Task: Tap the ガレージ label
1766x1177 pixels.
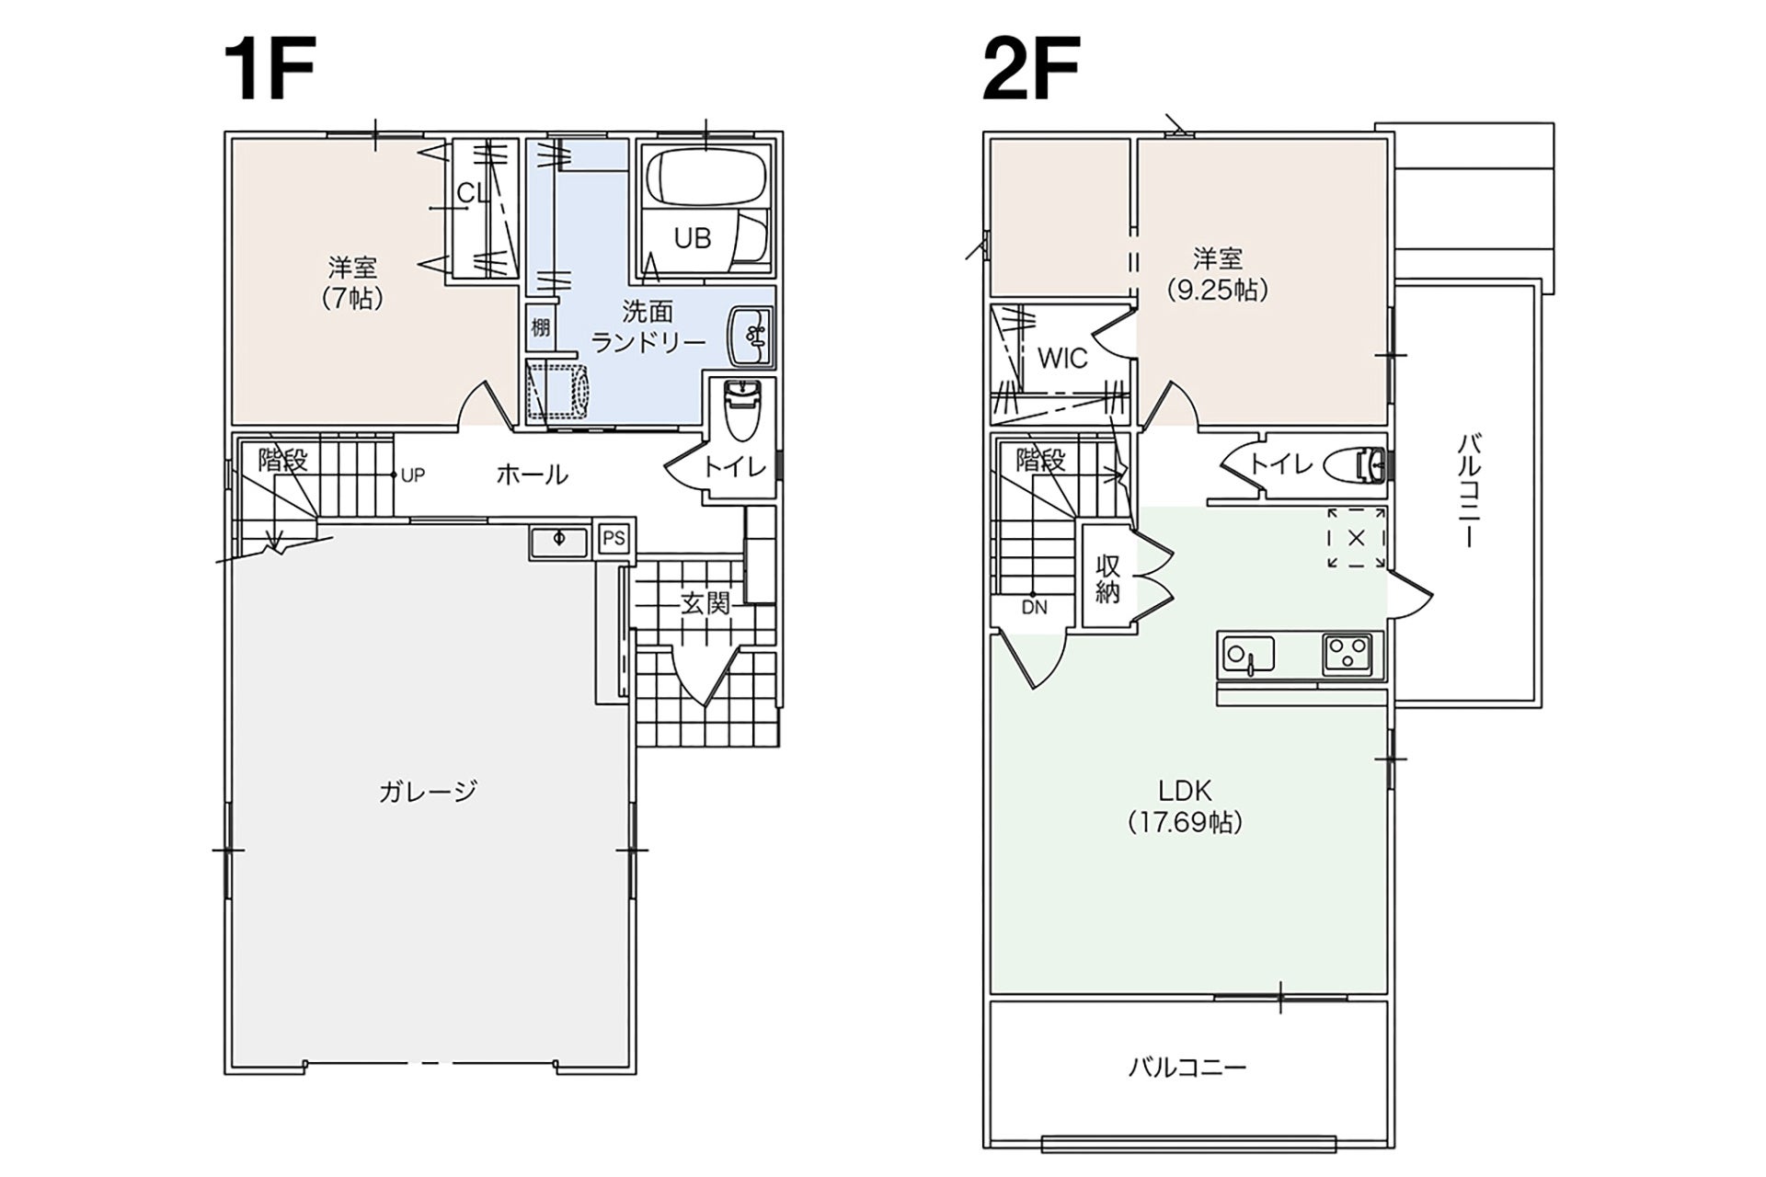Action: pos(428,791)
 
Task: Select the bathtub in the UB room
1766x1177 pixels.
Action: pos(705,178)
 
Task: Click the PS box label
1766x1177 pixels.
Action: pos(614,538)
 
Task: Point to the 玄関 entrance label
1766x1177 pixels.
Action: pos(705,603)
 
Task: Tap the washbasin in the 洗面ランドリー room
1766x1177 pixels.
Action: pos(751,336)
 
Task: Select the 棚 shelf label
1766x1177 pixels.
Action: pos(540,326)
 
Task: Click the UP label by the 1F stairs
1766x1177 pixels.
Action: pos(413,475)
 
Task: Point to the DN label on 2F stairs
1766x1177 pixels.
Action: pos(1034,608)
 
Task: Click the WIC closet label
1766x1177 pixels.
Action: pos(1062,359)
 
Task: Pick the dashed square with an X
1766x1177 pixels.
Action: pos(1356,539)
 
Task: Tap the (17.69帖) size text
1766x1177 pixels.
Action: pos(1185,822)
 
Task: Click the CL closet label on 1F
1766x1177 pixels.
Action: pos(474,193)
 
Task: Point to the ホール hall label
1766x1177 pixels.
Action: pos(532,474)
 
